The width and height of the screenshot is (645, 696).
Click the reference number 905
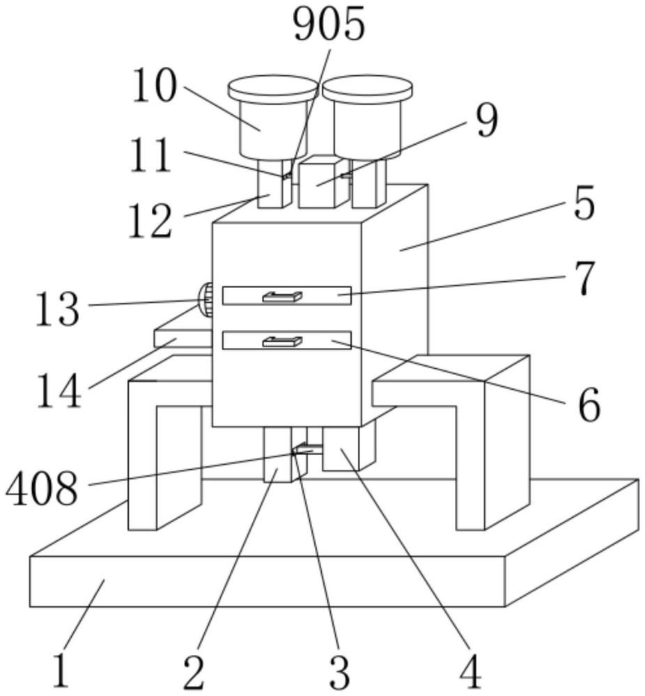pyautogui.click(x=329, y=25)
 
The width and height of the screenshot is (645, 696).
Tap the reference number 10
pyautogui.click(x=155, y=86)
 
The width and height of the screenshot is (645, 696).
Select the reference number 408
pyautogui.click(x=42, y=489)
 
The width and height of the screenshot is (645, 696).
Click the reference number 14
pyautogui.click(x=59, y=390)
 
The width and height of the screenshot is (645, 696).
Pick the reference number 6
pyautogui.click(x=589, y=405)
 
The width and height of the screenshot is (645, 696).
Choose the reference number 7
pyautogui.click(x=584, y=279)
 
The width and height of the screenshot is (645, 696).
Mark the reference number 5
pyautogui.click(x=584, y=204)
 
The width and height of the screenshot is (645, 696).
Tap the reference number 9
pyautogui.click(x=487, y=120)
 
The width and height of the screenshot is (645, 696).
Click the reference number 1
pyautogui.click(x=61, y=671)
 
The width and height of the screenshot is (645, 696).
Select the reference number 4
pyautogui.click(x=470, y=672)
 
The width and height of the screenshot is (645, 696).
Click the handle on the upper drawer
pyautogui.click(x=283, y=296)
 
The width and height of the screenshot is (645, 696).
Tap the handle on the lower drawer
pyautogui.click(x=283, y=341)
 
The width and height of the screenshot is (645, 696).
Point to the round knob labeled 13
pyautogui.click(x=205, y=299)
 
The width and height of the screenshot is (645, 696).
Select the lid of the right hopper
pyautogui.click(x=367, y=88)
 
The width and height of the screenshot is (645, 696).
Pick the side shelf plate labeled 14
pyautogui.click(x=182, y=338)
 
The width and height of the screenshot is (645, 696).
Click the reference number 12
pyautogui.click(x=150, y=221)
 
